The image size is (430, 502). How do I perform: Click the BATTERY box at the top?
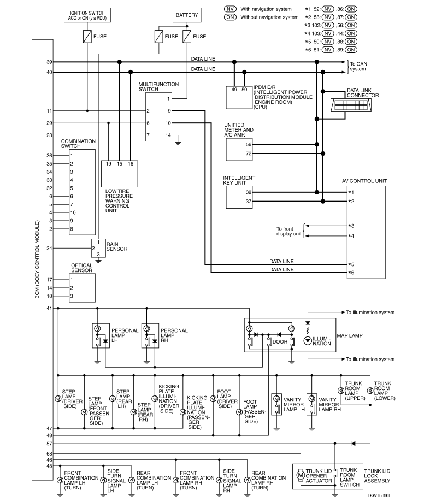tap(187, 15)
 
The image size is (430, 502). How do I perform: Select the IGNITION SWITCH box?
tap(86, 14)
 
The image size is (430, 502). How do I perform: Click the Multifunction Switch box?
tap(162, 117)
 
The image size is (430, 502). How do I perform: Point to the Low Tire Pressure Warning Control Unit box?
tap(120, 173)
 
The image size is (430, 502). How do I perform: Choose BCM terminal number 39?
tap(49, 62)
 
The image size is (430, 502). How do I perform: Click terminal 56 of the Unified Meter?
tap(249, 145)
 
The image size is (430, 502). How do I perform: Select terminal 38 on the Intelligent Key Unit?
tap(249, 192)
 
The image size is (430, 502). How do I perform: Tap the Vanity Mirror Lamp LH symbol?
tap(276, 404)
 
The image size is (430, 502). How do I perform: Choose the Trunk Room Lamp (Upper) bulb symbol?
tap(340, 391)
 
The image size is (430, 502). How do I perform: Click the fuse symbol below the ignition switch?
tap(86, 38)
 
